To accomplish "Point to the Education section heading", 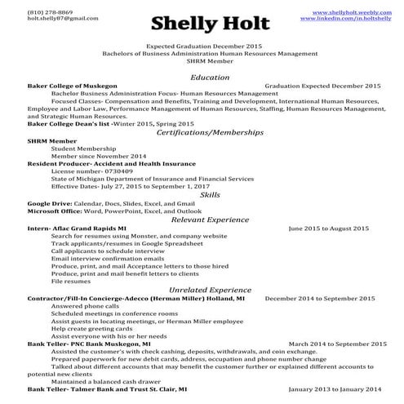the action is click(202, 76).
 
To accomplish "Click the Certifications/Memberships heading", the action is click(202, 131).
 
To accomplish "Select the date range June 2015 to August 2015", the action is click(328, 228).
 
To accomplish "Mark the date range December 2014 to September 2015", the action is click(322, 299).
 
